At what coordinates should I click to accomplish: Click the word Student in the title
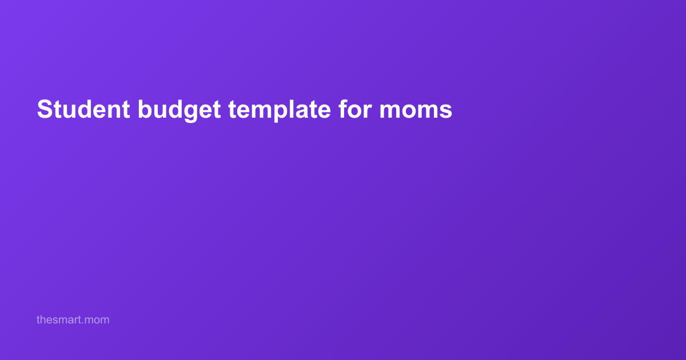point(83,109)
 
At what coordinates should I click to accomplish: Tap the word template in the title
point(280,110)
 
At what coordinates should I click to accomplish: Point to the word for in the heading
point(355,109)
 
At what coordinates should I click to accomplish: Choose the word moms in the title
point(416,110)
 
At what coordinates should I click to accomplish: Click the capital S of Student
point(45,109)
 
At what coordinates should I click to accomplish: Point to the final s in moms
point(445,110)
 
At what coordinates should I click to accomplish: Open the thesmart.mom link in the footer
point(73,319)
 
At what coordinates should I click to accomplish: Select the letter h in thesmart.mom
point(43,319)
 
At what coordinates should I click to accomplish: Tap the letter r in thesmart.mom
point(76,321)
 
